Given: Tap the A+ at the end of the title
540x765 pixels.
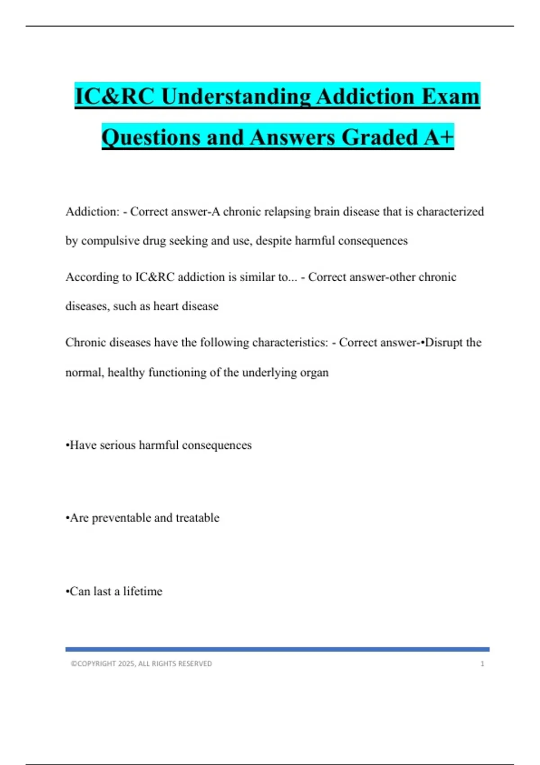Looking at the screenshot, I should pyautogui.click(x=439, y=137).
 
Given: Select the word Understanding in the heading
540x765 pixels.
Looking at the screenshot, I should pyautogui.click(x=236, y=97).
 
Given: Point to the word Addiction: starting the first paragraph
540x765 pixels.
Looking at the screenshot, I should pyautogui.click(x=92, y=211).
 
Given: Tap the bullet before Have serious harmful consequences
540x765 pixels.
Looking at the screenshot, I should pyautogui.click(x=67, y=445).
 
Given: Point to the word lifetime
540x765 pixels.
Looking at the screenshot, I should pyautogui.click(x=143, y=591).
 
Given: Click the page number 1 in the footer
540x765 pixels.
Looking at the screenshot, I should pyautogui.click(x=482, y=664).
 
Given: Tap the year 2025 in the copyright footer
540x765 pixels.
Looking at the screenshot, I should pyautogui.click(x=126, y=664).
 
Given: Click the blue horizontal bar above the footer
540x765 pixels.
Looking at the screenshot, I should pyautogui.click(x=277, y=649).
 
